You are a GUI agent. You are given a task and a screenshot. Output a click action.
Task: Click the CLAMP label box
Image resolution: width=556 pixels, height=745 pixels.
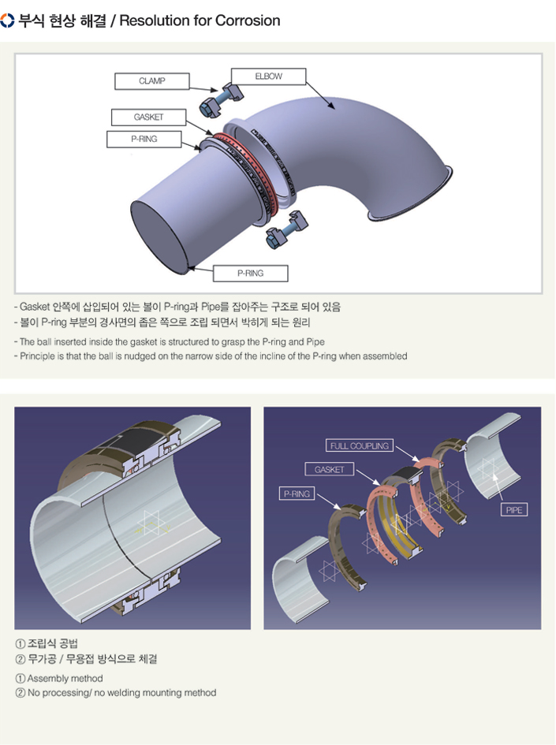pos(152,81)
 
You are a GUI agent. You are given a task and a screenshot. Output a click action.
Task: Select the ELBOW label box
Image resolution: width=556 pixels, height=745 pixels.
pos(268,76)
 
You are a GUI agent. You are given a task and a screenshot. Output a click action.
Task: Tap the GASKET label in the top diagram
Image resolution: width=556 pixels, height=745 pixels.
pos(148,117)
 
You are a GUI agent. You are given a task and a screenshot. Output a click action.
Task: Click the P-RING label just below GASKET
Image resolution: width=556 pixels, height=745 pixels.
pos(144,140)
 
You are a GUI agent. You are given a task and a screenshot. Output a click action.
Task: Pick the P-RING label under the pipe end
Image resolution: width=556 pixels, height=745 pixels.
pos(251,274)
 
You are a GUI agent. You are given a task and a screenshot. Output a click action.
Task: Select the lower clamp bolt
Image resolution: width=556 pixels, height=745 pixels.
pos(286,229)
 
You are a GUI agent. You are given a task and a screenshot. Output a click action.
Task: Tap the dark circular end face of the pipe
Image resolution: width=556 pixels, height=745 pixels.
pos(159,237)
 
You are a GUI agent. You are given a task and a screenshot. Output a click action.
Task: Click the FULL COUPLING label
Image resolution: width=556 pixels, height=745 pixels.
pos(360,445)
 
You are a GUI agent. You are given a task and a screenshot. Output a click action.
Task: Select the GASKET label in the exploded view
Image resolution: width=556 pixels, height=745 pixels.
pos(329,469)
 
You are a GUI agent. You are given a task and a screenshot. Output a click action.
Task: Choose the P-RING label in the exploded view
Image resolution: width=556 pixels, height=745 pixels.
pos(297,494)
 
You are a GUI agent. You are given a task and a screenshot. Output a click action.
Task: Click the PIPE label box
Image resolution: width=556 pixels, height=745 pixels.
pos(513,510)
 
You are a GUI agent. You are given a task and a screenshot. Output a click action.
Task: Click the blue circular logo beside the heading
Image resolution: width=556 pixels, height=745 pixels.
pos(7,20)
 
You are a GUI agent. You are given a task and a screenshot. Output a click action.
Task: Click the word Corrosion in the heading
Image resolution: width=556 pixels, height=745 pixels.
pos(248,20)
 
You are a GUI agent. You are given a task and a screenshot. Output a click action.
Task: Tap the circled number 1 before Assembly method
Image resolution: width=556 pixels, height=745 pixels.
pos(21,679)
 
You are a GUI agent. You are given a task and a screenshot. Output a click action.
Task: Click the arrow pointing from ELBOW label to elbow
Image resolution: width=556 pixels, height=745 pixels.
pos(321,96)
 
